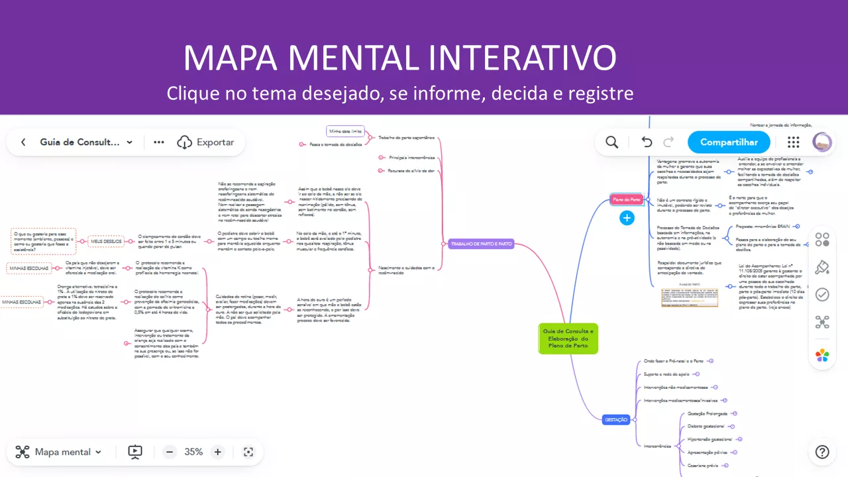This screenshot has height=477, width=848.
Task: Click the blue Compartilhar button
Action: coord(729,142)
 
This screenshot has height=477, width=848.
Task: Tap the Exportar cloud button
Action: coord(205,142)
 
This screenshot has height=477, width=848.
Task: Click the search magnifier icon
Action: coord(612,142)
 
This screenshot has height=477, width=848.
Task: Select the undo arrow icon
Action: coord(647,142)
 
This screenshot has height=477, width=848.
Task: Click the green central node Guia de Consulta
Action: coord(568,338)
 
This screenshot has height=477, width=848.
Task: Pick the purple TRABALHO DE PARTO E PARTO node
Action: coord(481,244)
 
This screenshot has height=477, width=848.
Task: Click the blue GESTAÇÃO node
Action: coord(616,419)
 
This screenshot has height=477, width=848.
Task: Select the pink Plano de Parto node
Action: coord(626,199)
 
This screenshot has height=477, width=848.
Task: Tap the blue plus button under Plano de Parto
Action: coord(627,218)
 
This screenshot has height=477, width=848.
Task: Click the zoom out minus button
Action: coord(170,452)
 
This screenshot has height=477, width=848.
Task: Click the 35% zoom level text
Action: coord(193,452)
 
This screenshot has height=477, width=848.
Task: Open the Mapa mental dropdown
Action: coord(60,452)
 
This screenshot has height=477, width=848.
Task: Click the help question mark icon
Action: coord(822,452)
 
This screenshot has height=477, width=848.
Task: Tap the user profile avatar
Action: coord(822,142)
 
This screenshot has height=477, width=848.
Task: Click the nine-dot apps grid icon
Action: coord(793,142)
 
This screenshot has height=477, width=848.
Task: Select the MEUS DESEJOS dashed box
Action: coord(106,242)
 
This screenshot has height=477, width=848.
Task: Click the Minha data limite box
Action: coord(345,132)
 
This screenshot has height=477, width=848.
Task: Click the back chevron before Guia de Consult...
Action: coord(23,142)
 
